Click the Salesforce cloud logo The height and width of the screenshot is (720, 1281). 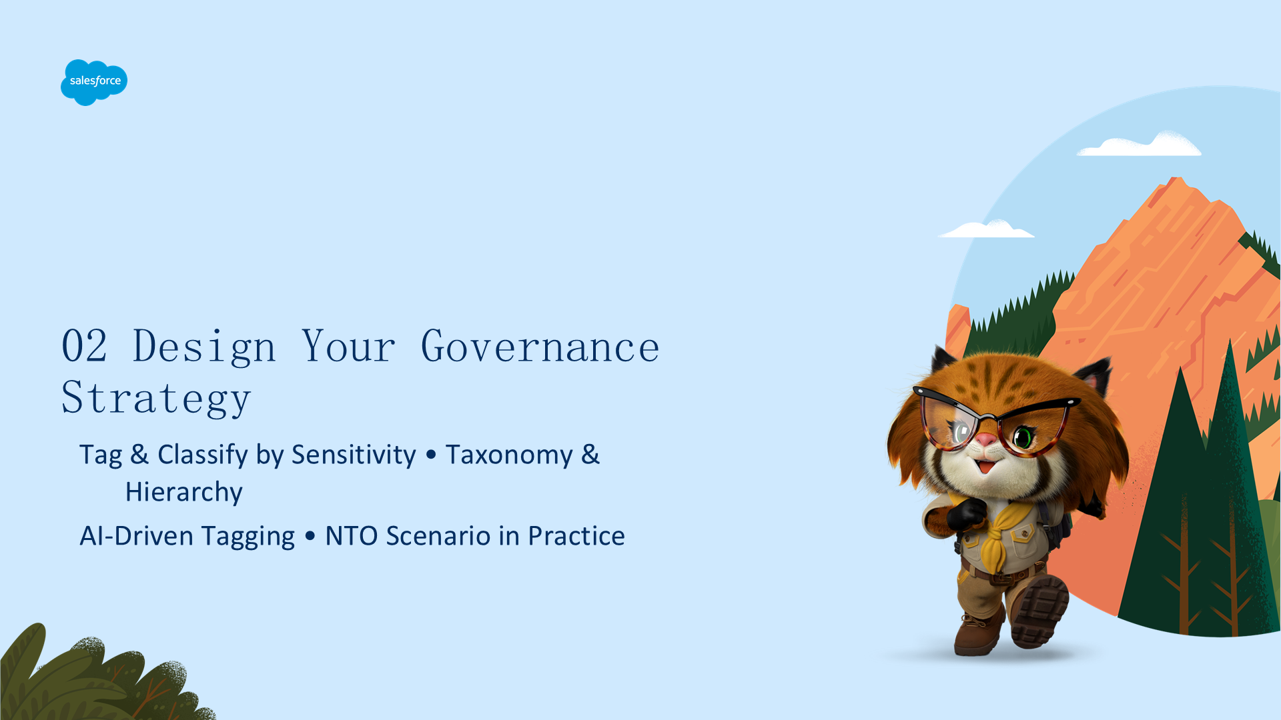click(x=94, y=82)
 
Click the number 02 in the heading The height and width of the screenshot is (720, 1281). click(x=84, y=346)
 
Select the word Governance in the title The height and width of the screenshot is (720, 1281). click(x=540, y=347)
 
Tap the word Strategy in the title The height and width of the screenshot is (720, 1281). click(x=156, y=399)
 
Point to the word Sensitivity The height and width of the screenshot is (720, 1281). click(x=354, y=455)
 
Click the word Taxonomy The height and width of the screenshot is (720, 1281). click(x=509, y=456)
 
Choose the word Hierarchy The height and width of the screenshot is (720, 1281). click(x=184, y=493)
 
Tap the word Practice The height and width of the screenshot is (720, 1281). click(x=576, y=536)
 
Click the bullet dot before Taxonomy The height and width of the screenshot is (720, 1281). click(x=431, y=455)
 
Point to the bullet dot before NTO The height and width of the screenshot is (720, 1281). click(x=310, y=536)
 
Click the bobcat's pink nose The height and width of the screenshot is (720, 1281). click(x=986, y=440)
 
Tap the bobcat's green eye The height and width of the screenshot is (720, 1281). click(x=1023, y=437)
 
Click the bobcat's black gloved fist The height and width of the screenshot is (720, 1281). click(x=965, y=515)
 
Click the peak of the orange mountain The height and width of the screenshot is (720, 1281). click(x=1176, y=178)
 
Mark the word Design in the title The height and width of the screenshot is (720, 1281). click(x=204, y=347)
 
